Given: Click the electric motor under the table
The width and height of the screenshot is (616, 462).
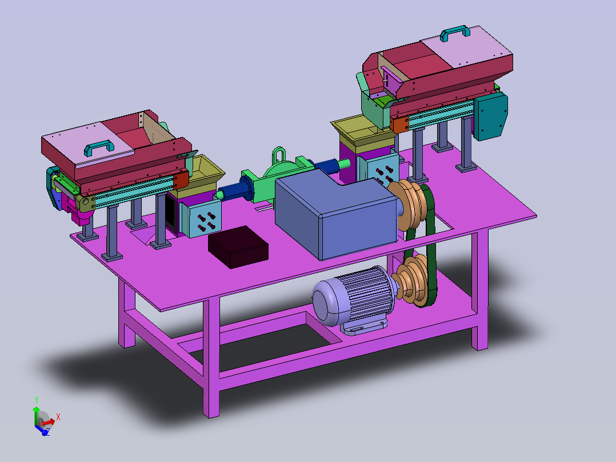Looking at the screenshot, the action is click(x=351, y=300).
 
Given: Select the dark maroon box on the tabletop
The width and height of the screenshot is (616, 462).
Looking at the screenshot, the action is click(x=238, y=247).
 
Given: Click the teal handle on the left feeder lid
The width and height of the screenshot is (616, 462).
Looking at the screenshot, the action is click(x=99, y=148).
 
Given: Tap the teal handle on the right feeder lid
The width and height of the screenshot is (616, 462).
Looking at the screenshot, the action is click(x=455, y=33).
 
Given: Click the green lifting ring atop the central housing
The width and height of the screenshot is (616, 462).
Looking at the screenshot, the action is click(x=278, y=155).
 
